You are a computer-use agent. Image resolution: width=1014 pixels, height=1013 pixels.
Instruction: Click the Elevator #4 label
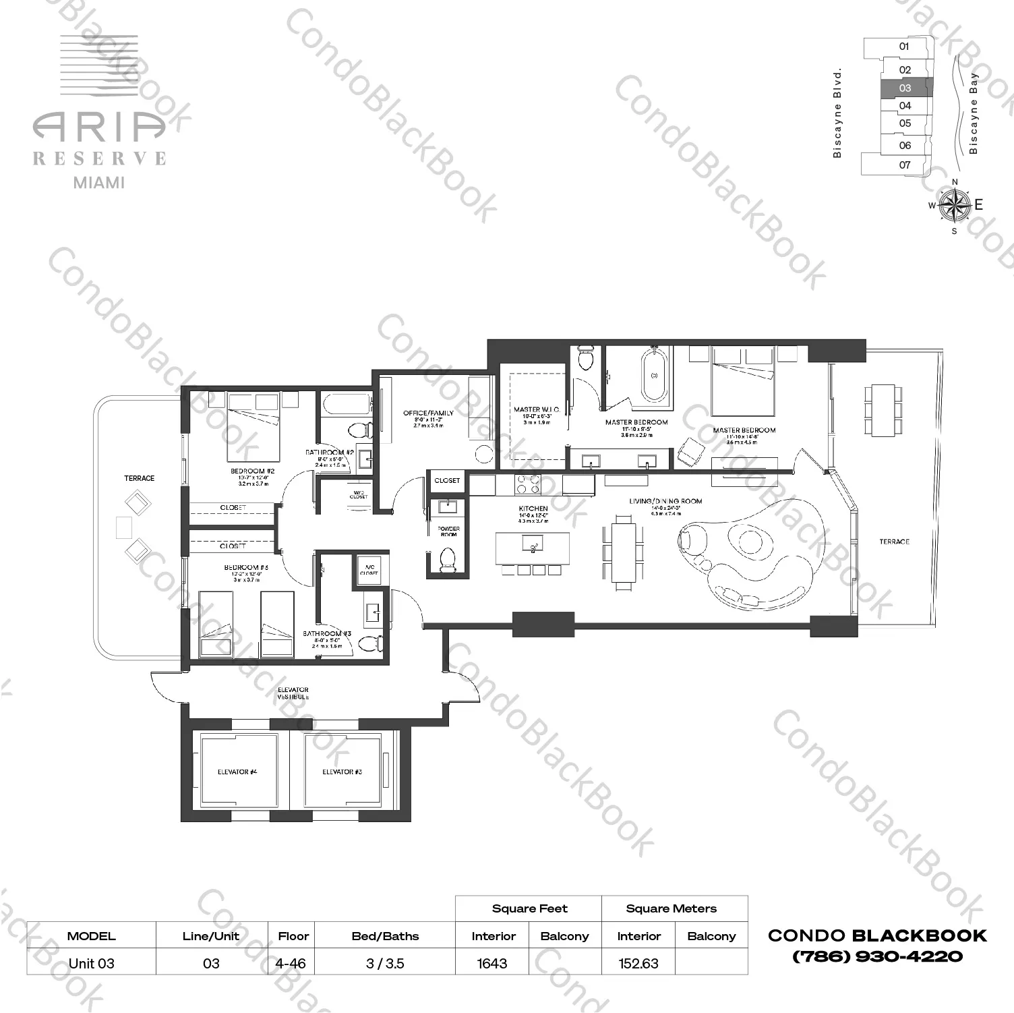tap(237, 772)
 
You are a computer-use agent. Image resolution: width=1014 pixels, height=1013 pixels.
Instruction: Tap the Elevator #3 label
tap(342, 772)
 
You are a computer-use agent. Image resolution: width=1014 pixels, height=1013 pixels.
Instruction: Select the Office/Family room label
tap(428, 413)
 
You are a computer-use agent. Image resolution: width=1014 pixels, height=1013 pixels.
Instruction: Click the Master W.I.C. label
tap(536, 409)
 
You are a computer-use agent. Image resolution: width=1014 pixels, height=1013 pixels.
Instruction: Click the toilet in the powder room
tap(447, 558)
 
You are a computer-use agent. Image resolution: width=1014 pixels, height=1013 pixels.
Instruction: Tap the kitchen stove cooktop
tap(527, 484)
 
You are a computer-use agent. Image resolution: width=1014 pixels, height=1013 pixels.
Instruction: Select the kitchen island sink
tap(533, 547)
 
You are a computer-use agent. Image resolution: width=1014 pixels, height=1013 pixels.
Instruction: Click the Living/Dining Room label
tap(665, 501)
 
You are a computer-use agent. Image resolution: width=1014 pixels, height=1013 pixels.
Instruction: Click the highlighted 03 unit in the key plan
tap(905, 88)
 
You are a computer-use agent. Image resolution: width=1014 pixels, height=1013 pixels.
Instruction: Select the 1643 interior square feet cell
tap(492, 963)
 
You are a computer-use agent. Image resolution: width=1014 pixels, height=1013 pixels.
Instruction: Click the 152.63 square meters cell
tap(638, 963)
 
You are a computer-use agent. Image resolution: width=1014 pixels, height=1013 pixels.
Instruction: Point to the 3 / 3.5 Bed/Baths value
tap(385, 963)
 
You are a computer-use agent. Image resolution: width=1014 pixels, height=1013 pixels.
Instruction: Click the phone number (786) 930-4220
tap(877, 956)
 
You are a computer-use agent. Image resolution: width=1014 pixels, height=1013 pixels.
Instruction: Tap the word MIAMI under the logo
tap(98, 182)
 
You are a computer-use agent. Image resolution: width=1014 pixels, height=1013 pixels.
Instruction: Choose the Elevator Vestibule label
tap(293, 693)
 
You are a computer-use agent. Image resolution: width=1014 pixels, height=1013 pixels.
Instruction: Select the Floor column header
tap(293, 936)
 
